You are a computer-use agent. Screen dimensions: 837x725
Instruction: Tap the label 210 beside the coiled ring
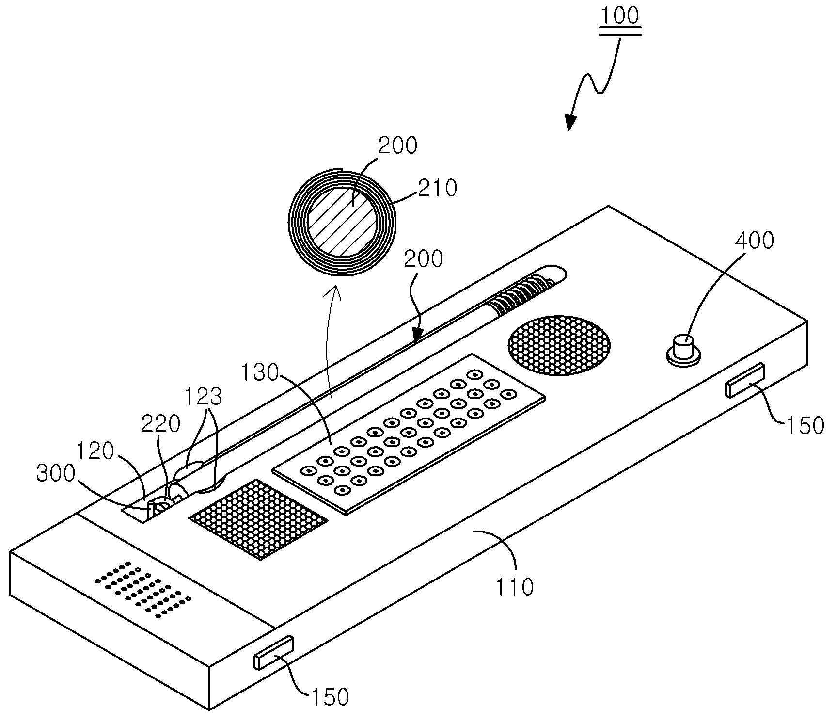click(438, 188)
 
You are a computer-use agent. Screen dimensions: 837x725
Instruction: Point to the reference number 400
click(755, 240)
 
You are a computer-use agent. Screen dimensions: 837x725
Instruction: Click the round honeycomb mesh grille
click(559, 345)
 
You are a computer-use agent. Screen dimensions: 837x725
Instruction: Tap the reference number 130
click(261, 373)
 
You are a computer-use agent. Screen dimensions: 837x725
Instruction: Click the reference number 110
click(515, 587)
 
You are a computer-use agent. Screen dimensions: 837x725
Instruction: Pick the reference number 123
click(204, 397)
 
